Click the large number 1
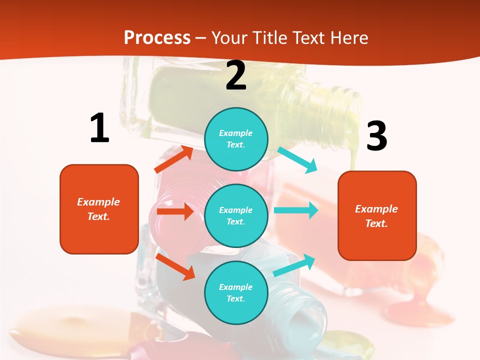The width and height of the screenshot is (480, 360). tap(99, 128)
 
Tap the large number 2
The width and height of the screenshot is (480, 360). tap(236, 76)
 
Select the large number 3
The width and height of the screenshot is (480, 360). tap(376, 136)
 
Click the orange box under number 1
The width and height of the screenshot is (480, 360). tap(99, 209)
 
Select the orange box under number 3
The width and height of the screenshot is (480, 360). tap(377, 215)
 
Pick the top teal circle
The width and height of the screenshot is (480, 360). tap(236, 138)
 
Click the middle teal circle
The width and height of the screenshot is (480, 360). tap(236, 215)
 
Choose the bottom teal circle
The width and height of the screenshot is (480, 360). tap(236, 292)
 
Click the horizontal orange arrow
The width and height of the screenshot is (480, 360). tap(175, 211)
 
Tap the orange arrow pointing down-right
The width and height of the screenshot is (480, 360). tap(175, 266)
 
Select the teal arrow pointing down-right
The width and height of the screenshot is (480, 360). tap(297, 160)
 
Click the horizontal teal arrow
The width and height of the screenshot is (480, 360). tap(296, 210)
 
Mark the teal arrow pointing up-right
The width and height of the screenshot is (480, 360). tap(294, 265)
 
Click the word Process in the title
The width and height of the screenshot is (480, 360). tap(157, 37)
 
